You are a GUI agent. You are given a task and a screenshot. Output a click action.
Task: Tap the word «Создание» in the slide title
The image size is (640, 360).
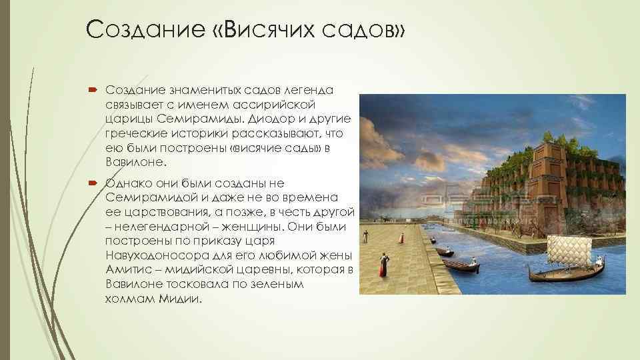tap(126, 29)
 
